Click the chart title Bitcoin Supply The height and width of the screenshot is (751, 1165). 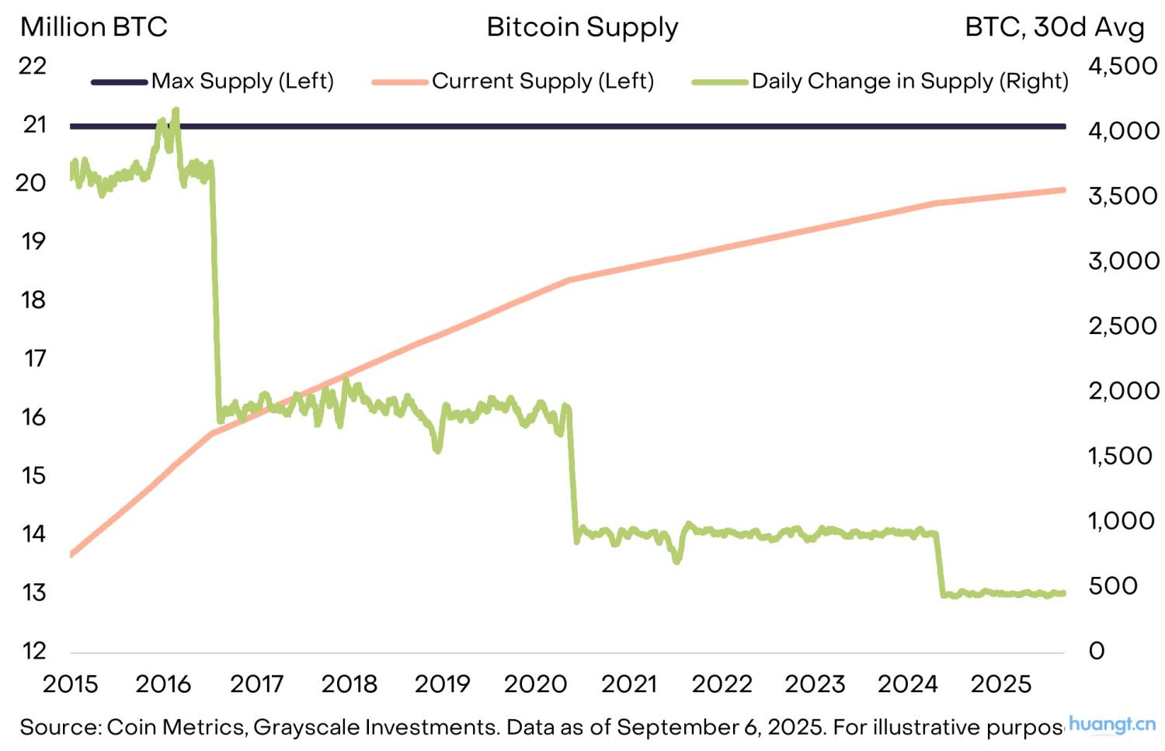point(582,27)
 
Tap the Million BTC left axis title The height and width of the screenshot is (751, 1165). point(93,27)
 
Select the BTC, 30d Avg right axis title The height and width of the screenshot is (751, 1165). point(1054,27)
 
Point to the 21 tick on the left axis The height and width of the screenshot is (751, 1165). point(34,124)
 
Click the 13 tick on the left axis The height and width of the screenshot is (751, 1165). point(34,593)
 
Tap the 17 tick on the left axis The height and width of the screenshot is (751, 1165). point(34,358)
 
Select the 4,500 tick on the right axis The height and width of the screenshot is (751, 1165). point(1123,66)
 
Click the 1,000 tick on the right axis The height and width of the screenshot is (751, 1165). point(1123,520)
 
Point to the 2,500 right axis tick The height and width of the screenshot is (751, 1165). point(1123,325)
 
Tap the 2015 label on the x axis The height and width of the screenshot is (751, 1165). point(70,684)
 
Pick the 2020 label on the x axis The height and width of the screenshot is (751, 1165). point(536,684)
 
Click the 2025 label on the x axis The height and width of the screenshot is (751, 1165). point(1001,684)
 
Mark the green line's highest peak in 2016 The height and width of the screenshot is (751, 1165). point(176,110)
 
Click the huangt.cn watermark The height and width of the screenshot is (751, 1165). point(1112,725)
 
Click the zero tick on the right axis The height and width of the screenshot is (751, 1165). point(1097,651)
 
